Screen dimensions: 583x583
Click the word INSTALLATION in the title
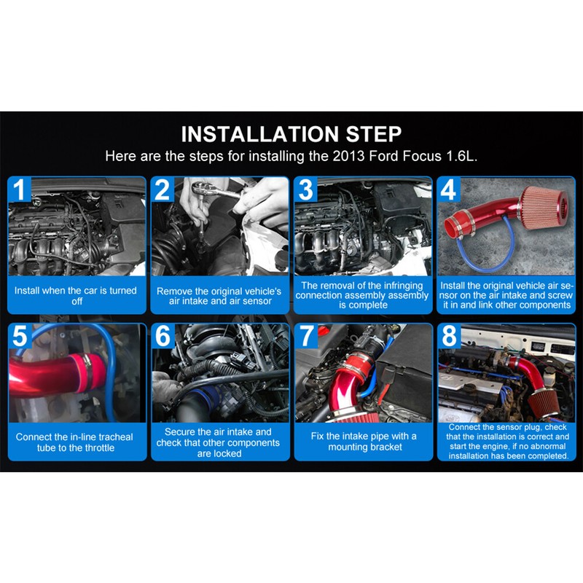pos(260,134)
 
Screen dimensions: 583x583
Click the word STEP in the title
pos(374,134)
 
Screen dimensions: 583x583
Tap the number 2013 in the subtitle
pos(348,156)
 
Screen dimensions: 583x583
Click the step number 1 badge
pos(20,189)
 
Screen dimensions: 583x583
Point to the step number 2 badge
pos(162,189)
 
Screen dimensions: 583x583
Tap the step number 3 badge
pos(305,189)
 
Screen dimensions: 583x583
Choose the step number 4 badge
pos(448,189)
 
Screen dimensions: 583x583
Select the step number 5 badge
pos(20,335)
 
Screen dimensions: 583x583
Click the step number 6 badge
pos(163,335)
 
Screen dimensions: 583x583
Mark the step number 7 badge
pos(306,335)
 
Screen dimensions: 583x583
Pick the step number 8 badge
pos(449,335)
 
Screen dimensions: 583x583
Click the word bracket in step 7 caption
pos(386,447)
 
